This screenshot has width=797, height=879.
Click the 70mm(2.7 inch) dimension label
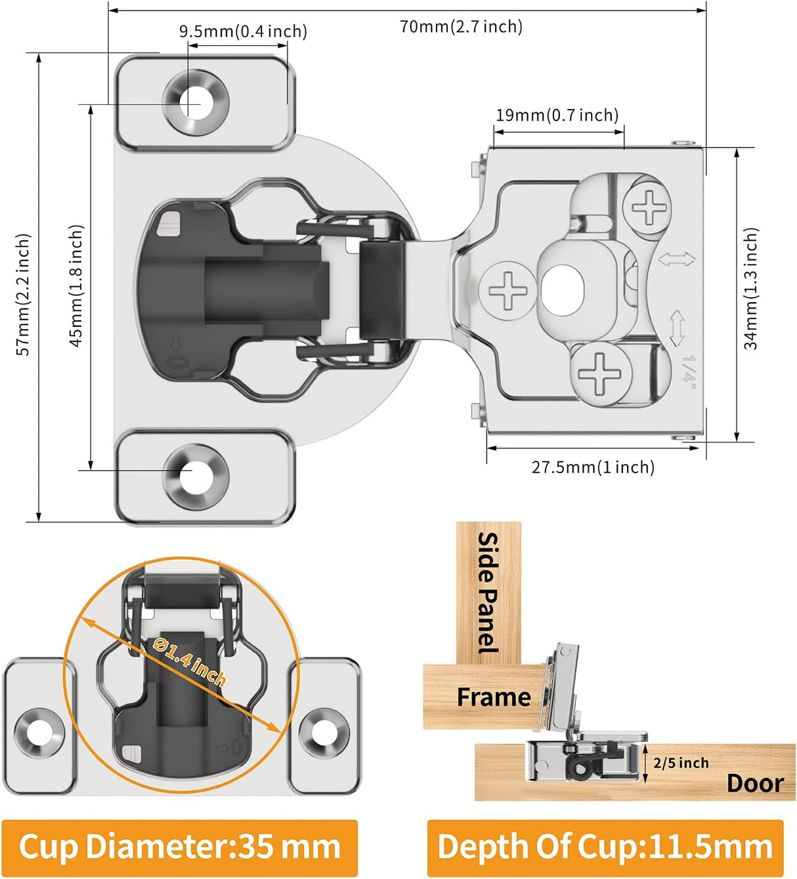(x=461, y=27)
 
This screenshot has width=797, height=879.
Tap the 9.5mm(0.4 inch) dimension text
(x=243, y=32)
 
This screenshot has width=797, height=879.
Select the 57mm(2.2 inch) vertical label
(x=24, y=294)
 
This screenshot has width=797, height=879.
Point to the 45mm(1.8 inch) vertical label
(x=77, y=286)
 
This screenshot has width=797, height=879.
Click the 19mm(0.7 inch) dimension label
(x=557, y=116)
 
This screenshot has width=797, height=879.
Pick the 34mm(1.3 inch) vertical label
(x=751, y=288)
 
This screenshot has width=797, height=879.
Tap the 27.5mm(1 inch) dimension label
(x=593, y=467)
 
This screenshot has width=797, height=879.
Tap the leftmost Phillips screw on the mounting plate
(x=507, y=291)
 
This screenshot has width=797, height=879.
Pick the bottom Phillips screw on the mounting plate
(x=599, y=373)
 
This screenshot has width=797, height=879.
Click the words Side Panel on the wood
(x=488, y=592)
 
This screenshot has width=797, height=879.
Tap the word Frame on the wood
(x=494, y=697)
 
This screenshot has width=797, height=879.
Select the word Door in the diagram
(x=755, y=783)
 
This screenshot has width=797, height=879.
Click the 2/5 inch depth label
(x=681, y=763)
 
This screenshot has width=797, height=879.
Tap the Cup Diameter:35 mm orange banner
(x=179, y=847)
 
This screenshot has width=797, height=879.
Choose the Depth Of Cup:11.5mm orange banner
(x=605, y=847)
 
